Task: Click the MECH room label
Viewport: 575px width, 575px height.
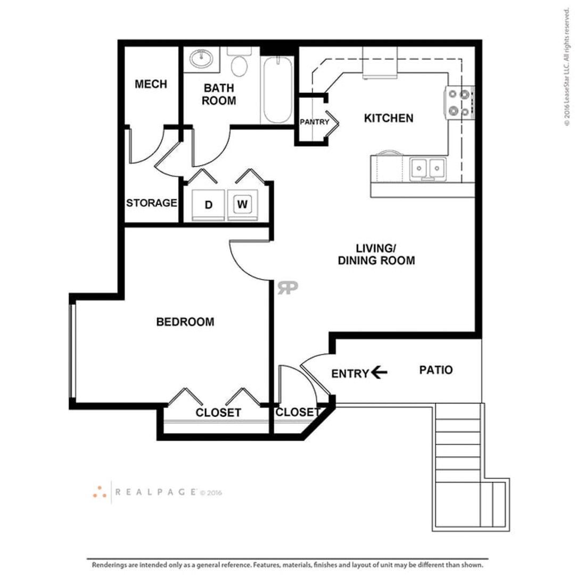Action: (151, 84)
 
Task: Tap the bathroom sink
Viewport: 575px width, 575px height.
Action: (201, 58)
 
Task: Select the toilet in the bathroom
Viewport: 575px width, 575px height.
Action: (239, 62)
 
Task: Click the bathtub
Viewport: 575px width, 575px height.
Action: (278, 90)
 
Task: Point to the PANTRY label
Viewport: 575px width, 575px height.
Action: (315, 122)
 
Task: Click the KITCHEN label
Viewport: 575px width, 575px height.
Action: (389, 118)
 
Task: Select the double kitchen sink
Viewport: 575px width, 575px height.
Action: (428, 169)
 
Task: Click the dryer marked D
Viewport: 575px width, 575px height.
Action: (208, 204)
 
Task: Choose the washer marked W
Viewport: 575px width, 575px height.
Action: (242, 204)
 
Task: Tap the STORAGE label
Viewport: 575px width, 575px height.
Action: (151, 203)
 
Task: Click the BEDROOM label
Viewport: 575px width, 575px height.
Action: (185, 322)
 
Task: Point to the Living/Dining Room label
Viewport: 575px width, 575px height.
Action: (376, 254)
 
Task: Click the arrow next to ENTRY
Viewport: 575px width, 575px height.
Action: (379, 373)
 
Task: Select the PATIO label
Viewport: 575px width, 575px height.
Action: (436, 369)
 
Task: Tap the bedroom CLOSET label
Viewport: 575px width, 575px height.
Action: (218, 413)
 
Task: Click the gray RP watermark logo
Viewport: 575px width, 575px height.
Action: (287, 287)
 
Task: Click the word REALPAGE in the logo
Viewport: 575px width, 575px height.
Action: (156, 492)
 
